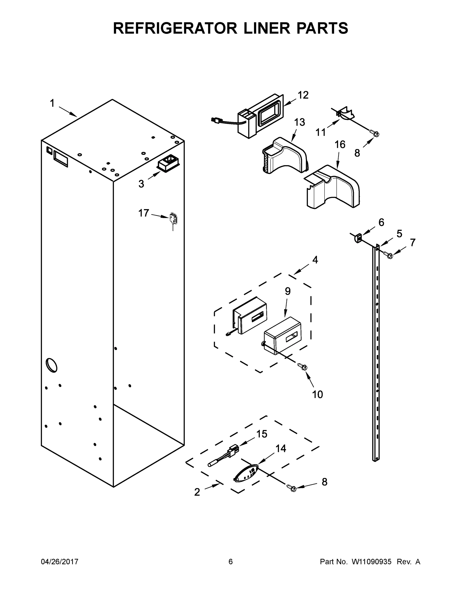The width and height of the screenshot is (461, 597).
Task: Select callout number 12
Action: pyautogui.click(x=303, y=95)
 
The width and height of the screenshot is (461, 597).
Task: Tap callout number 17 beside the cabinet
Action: pyautogui.click(x=144, y=213)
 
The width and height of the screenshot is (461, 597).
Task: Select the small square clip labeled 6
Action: pyautogui.click(x=358, y=238)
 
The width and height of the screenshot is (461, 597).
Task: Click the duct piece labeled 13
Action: pyautogui.click(x=285, y=156)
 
